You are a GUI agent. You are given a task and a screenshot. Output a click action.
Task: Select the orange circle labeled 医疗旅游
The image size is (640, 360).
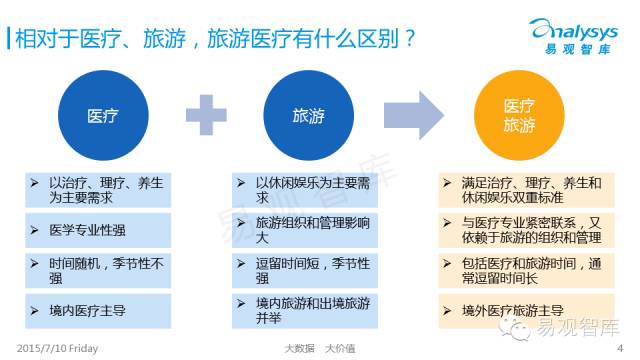(517, 118)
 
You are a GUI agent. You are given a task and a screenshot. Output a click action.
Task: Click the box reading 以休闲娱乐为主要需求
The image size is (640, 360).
(301, 190)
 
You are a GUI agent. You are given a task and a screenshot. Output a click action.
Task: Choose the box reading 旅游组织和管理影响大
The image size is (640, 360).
(301, 229)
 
